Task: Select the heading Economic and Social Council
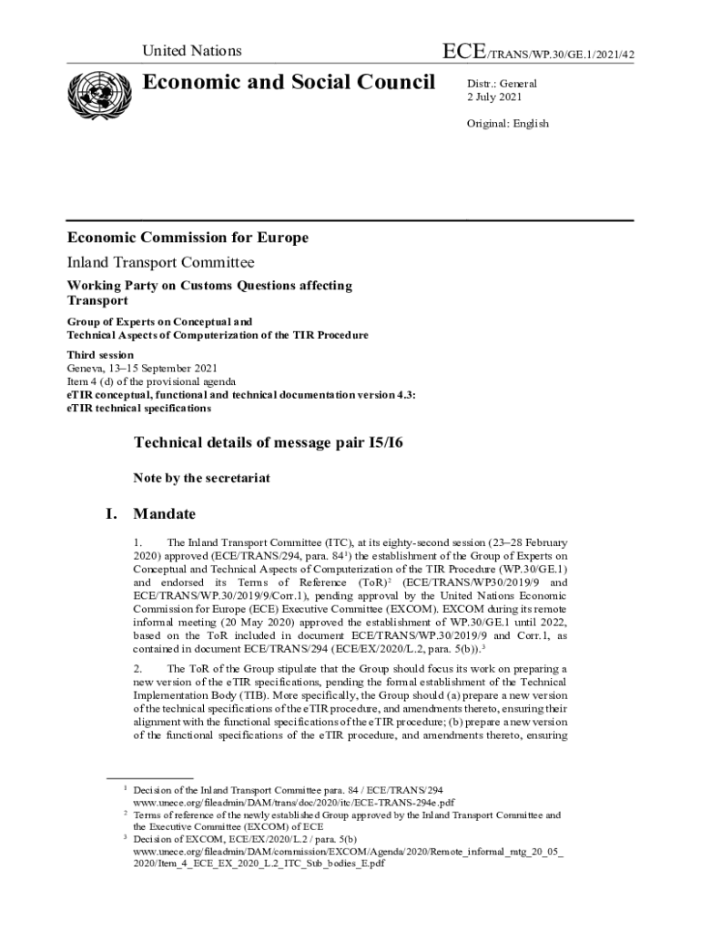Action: click(290, 83)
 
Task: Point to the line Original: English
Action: click(508, 123)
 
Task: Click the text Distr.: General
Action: click(502, 84)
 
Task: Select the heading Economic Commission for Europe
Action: click(188, 238)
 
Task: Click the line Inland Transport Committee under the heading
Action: click(160, 263)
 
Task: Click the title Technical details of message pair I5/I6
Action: click(269, 443)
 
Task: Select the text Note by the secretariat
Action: click(201, 478)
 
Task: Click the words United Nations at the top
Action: click(191, 51)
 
